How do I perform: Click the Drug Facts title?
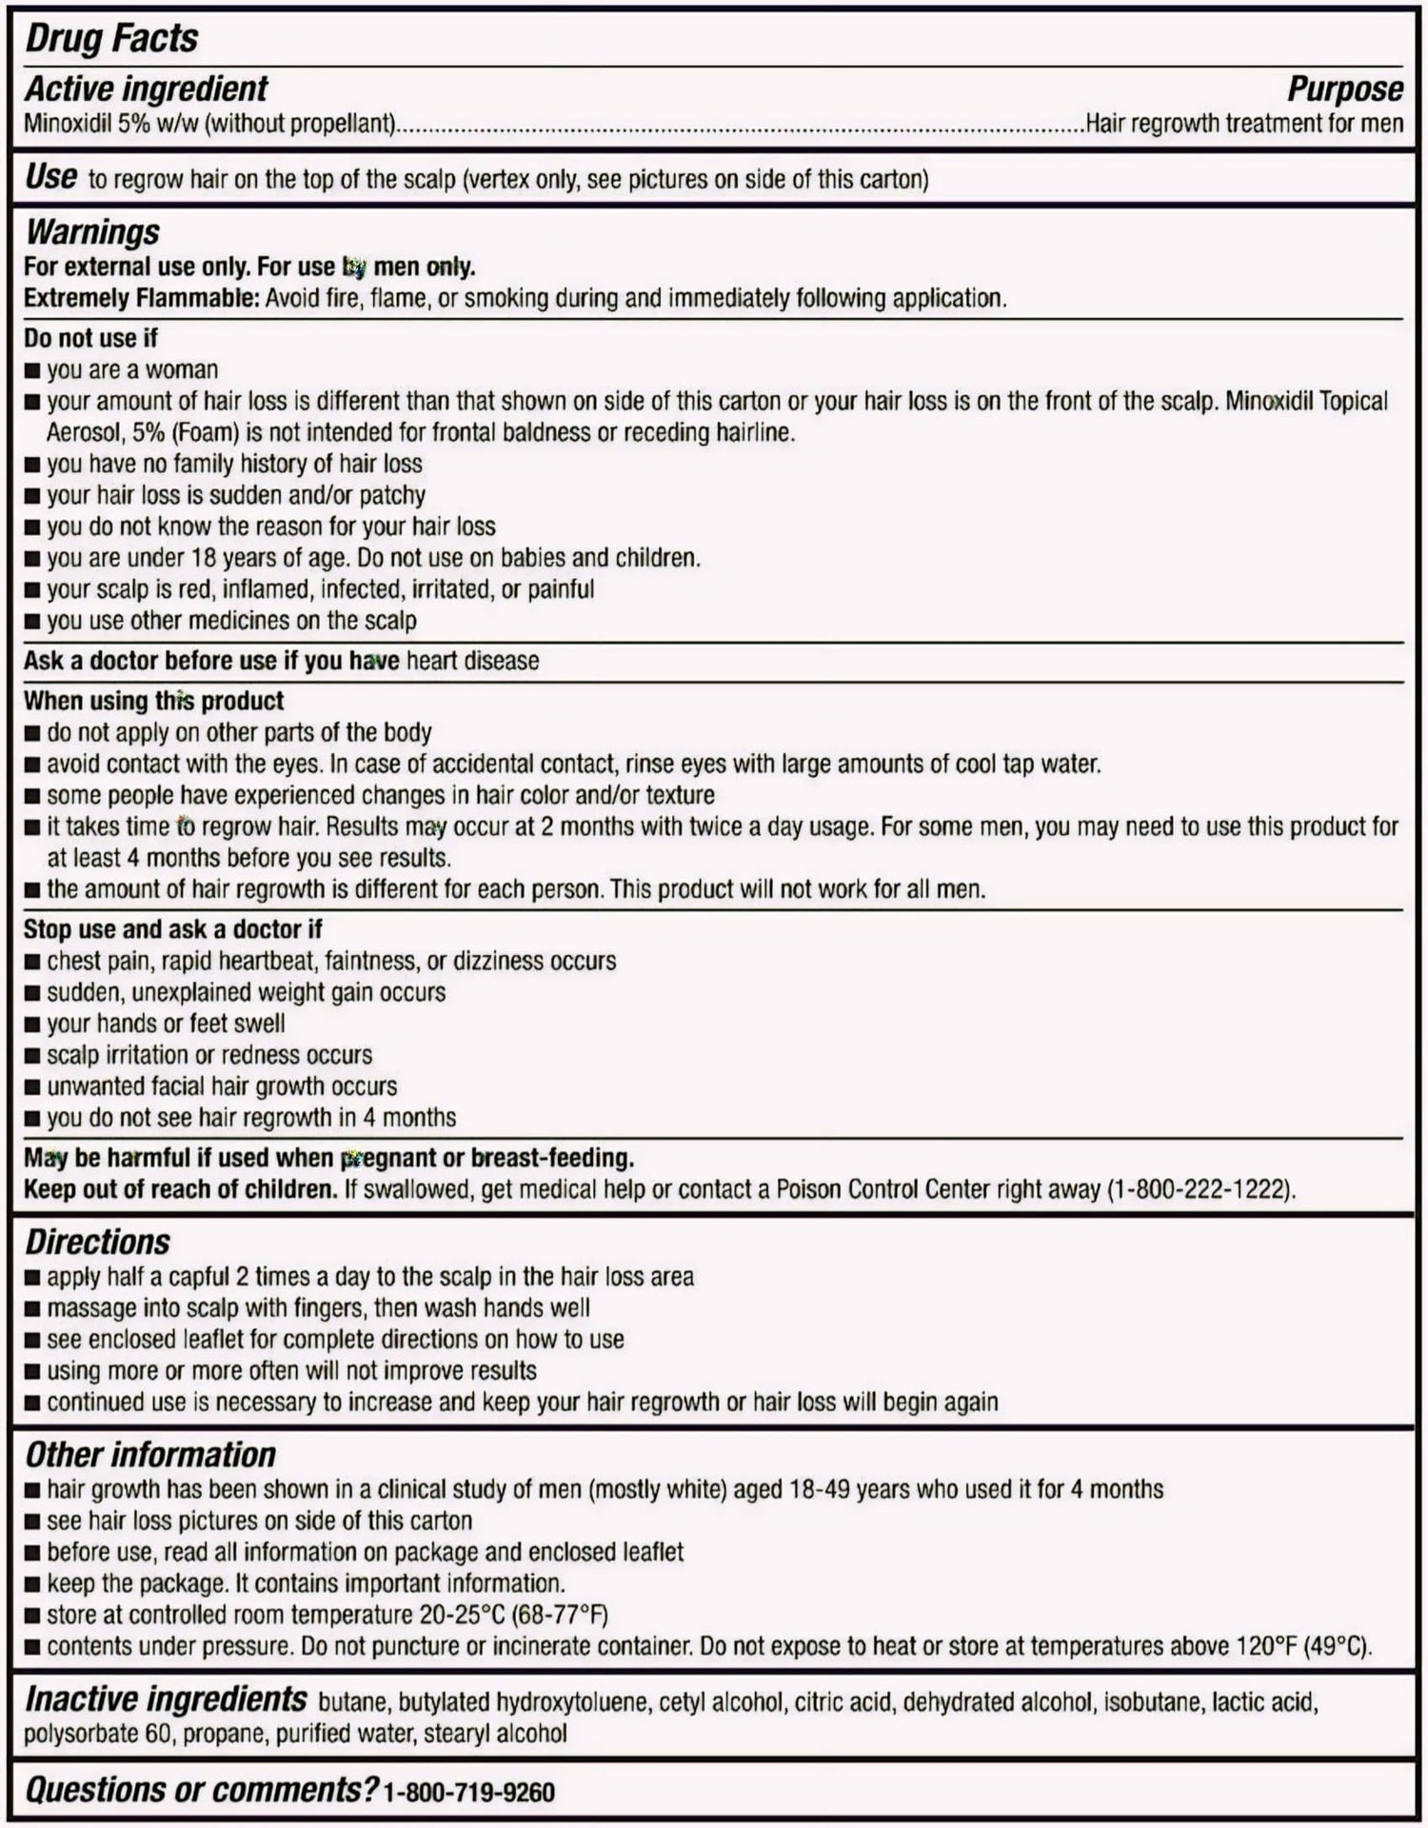tap(111, 38)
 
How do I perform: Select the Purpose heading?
tap(1344, 89)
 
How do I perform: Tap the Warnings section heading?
tap(92, 231)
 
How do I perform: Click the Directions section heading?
tap(97, 1242)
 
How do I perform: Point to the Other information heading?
tap(149, 1455)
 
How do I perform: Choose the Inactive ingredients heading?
tap(166, 1699)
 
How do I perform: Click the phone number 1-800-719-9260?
tap(468, 1793)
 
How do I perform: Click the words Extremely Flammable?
tap(141, 298)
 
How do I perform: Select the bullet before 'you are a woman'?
tap(32, 370)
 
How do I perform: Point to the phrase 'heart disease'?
tap(472, 661)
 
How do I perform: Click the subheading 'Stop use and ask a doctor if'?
tap(172, 929)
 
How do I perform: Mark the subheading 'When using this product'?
tap(153, 701)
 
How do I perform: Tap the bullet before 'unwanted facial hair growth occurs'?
tap(32, 1087)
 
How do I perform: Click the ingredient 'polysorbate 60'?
tap(97, 1734)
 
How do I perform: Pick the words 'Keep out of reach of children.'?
tap(180, 1189)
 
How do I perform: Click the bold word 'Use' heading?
tap(50, 177)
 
